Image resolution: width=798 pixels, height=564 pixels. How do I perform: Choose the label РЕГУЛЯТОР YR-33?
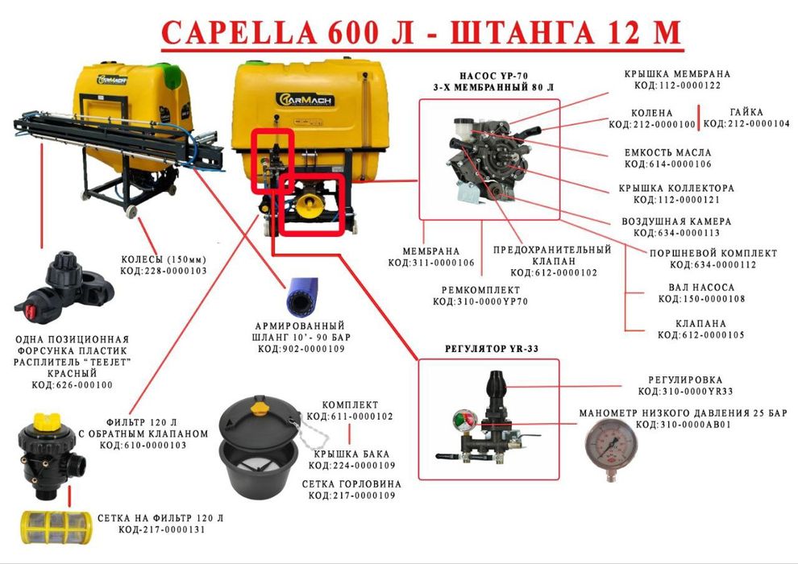tap(491, 349)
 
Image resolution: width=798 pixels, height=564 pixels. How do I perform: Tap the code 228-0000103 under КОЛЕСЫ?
tap(164, 271)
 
